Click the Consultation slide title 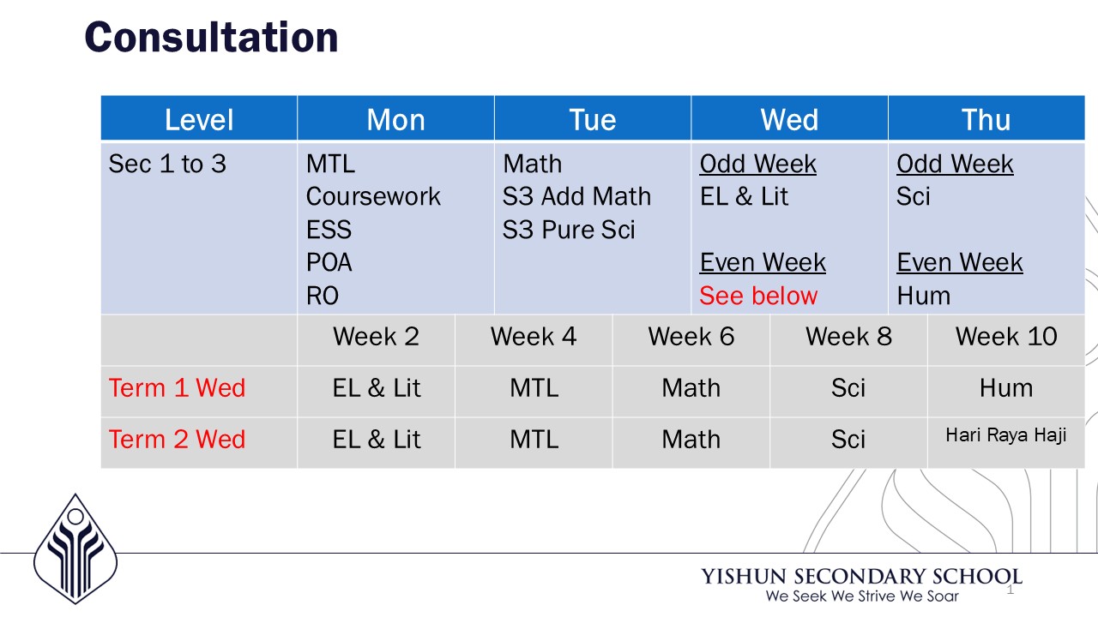click(211, 37)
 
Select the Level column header click(199, 119)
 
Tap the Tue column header click(593, 119)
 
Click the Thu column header click(986, 119)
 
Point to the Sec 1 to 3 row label click(167, 164)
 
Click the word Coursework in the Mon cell click(373, 196)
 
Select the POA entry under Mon click(329, 262)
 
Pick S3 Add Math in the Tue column click(577, 196)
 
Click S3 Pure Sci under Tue click(569, 229)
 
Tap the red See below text click(758, 296)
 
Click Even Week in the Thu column click(960, 262)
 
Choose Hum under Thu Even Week click(924, 296)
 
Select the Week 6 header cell click(691, 337)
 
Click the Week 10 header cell click(1006, 337)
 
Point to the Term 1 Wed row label click(177, 388)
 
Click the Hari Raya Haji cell click(1006, 434)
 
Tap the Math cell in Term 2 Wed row click(691, 440)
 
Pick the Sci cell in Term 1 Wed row click(848, 388)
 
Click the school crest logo click(75, 549)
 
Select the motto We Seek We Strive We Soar click(862, 596)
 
